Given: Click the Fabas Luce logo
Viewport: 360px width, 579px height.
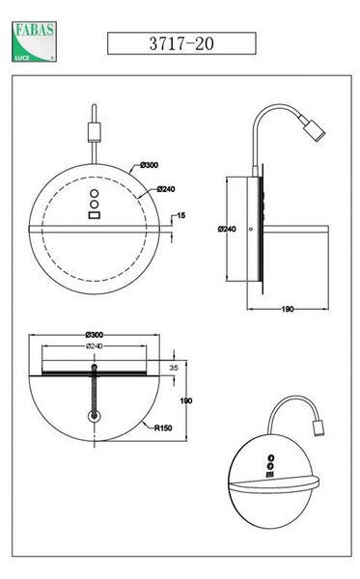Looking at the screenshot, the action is pos(34,41).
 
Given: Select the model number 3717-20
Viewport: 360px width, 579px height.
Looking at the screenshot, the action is pos(181,43).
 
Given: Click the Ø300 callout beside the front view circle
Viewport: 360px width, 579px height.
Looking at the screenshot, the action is pos(150,165).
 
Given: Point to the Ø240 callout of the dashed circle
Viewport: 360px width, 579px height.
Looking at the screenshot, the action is pos(166,189).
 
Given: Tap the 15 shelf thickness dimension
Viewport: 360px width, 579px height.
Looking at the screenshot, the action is pos(180,215).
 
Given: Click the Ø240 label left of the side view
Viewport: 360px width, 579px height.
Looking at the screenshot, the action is pos(227,229).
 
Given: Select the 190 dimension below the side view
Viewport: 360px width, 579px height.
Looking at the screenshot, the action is pos(288,309).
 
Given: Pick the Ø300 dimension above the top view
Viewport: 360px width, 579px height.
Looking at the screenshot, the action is pos(95,335).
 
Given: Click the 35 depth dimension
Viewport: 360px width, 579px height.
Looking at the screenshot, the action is pos(174,368).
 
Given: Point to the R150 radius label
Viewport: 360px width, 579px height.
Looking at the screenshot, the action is pos(163,427).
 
